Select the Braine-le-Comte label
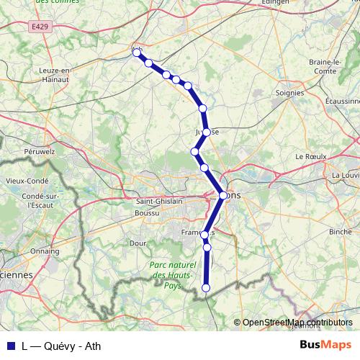pyautogui.click(x=324, y=66)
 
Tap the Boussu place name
pyautogui.click(x=148, y=213)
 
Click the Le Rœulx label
pyautogui.click(x=311, y=156)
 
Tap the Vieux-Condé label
pyautogui.click(x=26, y=181)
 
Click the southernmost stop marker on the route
pyautogui.click(x=207, y=288)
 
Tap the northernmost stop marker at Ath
pyautogui.click(x=136, y=52)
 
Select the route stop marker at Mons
pyautogui.click(x=223, y=195)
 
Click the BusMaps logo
pyautogui.click(x=325, y=346)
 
